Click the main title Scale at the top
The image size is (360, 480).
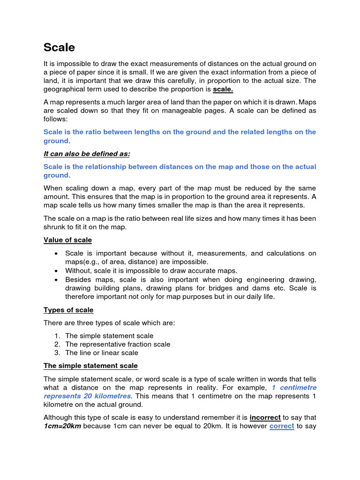59,47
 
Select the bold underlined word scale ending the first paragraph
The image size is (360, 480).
223,89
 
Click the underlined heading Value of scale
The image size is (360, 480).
67,240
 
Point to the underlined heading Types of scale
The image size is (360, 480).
68,310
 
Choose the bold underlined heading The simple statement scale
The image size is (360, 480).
90,366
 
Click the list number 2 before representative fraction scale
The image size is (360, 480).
56,345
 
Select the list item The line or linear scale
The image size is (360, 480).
102,353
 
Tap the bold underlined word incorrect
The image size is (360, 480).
265,417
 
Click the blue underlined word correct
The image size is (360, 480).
282,426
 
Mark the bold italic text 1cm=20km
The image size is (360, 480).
62,426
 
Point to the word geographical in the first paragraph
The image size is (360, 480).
64,89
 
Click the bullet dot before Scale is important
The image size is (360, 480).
56,254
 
